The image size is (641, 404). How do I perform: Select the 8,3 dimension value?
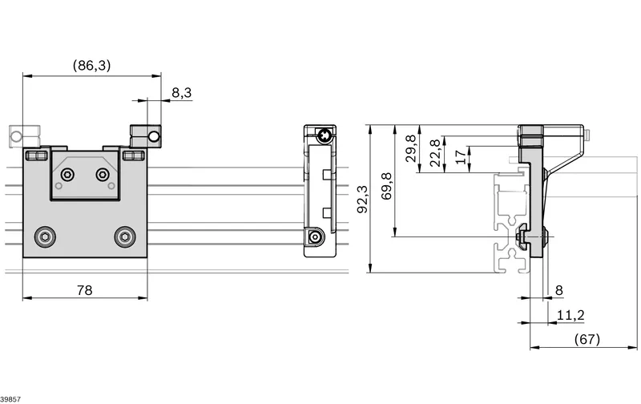pos(182,93)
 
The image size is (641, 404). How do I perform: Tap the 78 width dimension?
pos(85,290)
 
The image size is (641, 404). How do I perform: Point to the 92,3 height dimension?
pos(362,199)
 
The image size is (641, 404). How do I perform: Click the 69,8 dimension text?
pos(386,186)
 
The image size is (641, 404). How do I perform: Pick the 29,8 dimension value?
pos(411,148)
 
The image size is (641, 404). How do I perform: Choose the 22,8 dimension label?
pos(435,153)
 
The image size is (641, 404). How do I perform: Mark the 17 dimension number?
pos(460,157)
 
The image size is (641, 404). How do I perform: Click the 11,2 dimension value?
pos(570,315)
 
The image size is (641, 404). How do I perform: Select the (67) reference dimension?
pos(587,339)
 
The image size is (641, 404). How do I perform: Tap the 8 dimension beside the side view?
pos(558,290)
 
